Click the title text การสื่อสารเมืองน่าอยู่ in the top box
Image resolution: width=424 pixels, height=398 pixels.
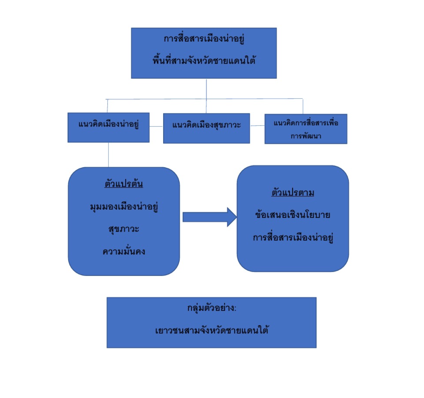click(204, 39)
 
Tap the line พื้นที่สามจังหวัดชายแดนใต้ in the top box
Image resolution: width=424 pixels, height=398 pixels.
click(204, 60)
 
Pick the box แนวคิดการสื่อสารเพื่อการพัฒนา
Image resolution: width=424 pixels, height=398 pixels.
click(306, 129)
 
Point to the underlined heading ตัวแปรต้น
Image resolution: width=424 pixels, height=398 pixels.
click(124, 184)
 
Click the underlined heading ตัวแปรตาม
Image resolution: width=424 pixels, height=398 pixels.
click(293, 192)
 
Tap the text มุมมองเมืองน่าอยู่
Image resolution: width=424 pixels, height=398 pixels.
click(124, 207)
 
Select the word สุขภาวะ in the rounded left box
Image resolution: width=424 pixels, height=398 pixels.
click(124, 229)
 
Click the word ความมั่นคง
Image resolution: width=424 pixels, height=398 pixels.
click(124, 251)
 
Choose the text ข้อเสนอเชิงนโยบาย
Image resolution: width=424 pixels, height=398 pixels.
click(293, 215)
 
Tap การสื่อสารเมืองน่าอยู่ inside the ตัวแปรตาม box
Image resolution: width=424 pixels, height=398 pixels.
click(293, 237)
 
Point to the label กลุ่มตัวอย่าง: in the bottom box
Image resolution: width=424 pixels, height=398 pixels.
click(212, 308)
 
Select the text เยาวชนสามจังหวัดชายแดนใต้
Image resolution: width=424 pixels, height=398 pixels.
click(212, 330)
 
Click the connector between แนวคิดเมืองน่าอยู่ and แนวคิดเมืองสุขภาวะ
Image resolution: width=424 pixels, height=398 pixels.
click(156, 126)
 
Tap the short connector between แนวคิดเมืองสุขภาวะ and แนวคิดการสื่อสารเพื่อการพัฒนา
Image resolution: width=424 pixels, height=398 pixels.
click(257, 126)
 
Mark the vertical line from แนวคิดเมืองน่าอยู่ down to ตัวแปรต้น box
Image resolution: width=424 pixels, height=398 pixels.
click(109, 155)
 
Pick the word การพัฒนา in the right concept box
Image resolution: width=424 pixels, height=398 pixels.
click(306, 136)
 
